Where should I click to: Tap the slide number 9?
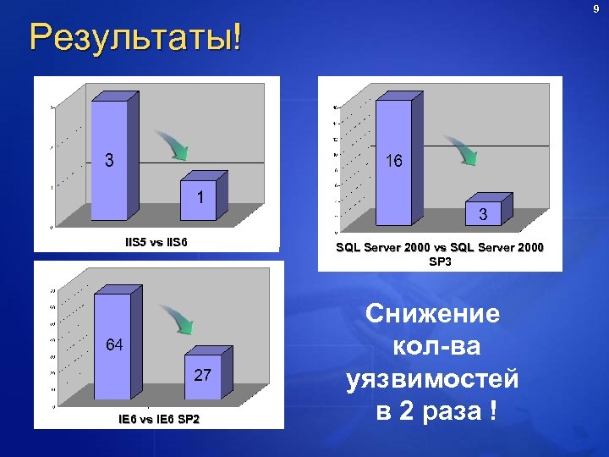[x=595, y=9]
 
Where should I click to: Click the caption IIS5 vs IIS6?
[x=156, y=243]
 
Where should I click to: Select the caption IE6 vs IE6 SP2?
[x=158, y=420]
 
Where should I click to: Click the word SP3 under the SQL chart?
[x=440, y=262]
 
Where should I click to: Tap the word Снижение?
[x=432, y=315]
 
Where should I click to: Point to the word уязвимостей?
[x=432, y=381]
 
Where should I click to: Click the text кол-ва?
[x=432, y=348]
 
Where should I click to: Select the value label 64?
[x=114, y=344]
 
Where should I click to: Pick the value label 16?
[x=393, y=161]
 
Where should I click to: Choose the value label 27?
[x=202, y=375]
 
